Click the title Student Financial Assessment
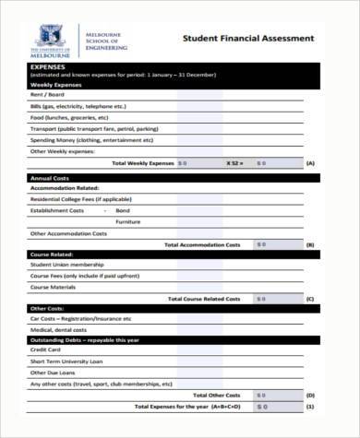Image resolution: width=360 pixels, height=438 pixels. tap(247, 39)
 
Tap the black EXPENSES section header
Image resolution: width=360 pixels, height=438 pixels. tap(48, 67)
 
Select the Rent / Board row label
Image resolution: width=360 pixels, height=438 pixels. tap(48, 95)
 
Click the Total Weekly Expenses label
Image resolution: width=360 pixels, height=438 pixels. tap(142, 162)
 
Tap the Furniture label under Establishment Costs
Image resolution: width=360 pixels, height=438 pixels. tap(128, 221)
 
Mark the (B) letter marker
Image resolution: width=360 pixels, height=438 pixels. tap(310, 244)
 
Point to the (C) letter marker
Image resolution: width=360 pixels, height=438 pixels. tap(310, 299)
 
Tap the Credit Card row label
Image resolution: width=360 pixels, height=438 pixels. tap(45, 349)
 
